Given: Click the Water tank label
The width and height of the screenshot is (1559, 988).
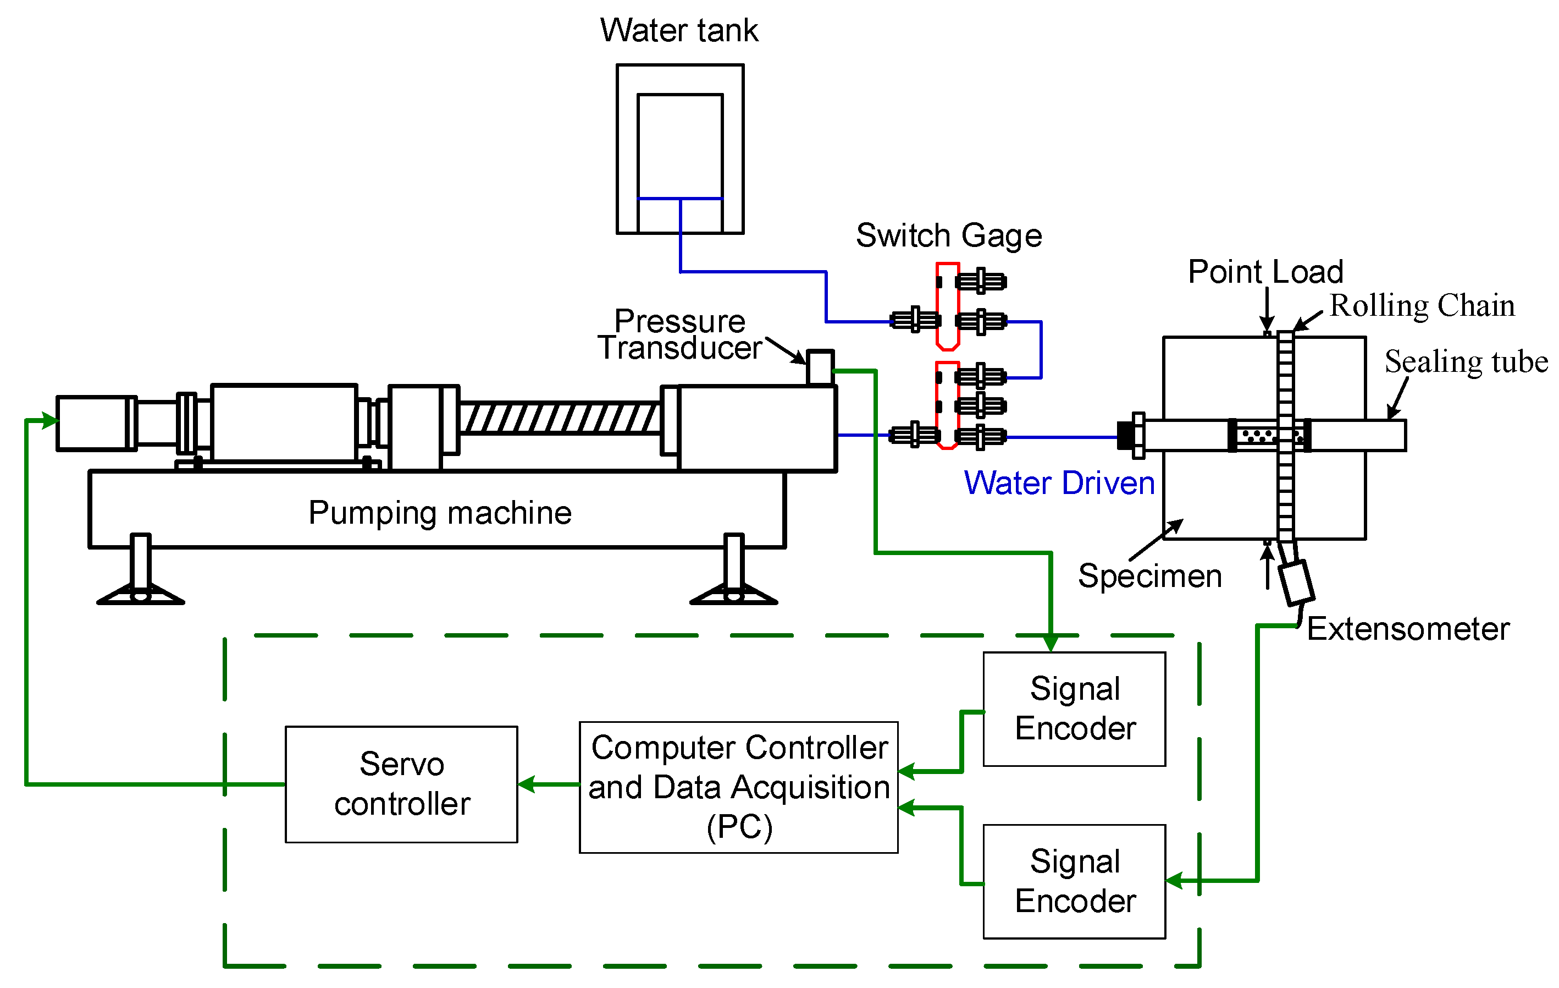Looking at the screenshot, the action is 678,30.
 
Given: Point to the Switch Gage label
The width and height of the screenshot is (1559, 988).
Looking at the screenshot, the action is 949,236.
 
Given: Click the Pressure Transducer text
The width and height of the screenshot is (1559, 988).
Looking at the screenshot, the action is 680,334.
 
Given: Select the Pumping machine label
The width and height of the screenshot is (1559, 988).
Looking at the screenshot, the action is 440,513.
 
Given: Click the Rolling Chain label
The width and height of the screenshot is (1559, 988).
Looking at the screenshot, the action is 1422,306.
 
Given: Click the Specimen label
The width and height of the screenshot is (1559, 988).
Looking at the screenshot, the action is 1150,577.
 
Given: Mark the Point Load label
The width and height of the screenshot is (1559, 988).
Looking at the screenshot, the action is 1265,271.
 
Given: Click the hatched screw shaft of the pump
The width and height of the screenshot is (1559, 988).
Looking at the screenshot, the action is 560,418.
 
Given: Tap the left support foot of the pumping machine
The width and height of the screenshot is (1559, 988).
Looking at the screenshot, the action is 141,570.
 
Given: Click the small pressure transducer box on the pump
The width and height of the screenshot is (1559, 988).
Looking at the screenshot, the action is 820,367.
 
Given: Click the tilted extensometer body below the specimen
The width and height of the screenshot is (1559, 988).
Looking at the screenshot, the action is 1297,583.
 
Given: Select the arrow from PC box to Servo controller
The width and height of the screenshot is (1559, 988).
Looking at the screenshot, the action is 549,784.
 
